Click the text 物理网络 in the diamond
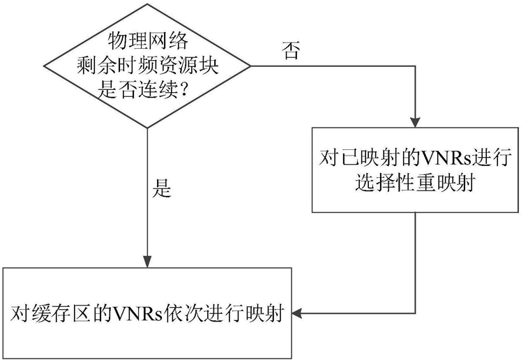(148, 42)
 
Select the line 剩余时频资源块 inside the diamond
(148, 66)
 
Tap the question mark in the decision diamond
(182, 90)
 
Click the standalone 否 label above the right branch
(291, 50)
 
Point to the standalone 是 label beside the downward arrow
(162, 188)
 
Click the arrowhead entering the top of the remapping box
(416, 122)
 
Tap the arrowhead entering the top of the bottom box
(147, 262)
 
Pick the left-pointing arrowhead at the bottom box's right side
(296, 313)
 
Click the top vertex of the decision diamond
(147, 4)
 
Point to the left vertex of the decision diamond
(44, 66)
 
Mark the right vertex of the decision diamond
(250, 66)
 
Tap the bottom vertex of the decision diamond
(147, 128)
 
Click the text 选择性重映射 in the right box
(415, 183)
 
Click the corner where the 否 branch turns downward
(416, 66)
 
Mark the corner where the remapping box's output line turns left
(416, 313)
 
